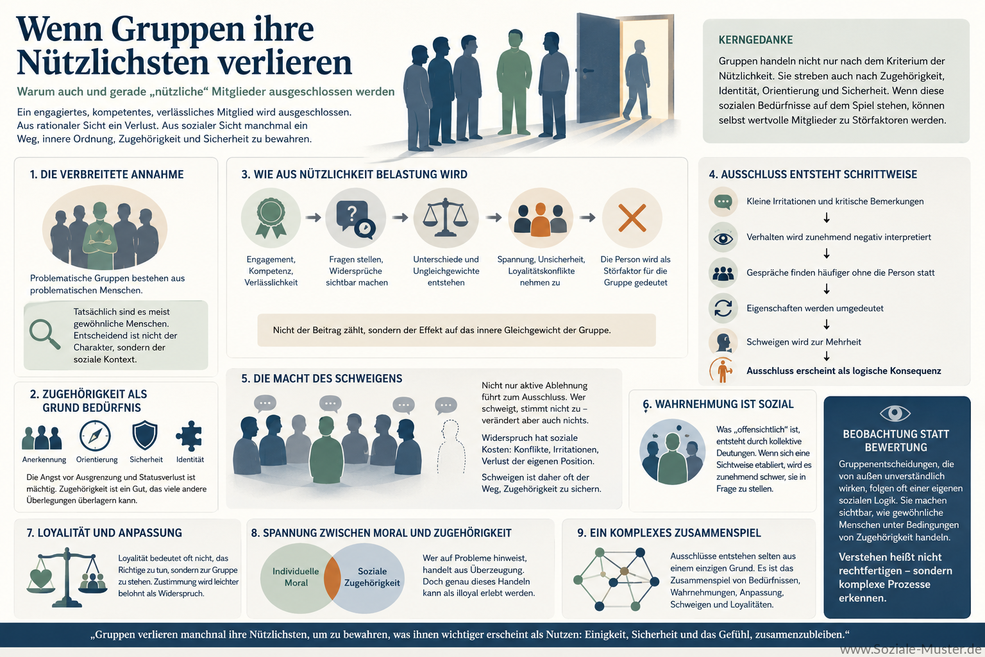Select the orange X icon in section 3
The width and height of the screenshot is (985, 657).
pos(632,218)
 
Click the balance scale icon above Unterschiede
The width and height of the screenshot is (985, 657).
pos(446,218)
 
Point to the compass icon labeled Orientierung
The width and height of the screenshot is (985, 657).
pos(95,436)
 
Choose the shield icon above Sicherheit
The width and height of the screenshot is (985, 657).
pos(145,435)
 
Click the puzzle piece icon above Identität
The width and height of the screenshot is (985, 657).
pos(189,436)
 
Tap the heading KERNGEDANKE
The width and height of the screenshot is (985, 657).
pos(755,40)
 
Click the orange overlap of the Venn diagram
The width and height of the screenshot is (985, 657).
pos(332,578)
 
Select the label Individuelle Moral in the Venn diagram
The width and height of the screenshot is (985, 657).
pos(296,577)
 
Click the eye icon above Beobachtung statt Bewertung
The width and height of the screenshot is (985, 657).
pos(895,413)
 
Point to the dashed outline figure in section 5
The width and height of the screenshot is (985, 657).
pos(451,447)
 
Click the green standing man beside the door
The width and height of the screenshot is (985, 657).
pos(514,82)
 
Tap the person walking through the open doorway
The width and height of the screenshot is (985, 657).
pos(637,79)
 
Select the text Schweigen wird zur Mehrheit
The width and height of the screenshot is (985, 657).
pos(804,342)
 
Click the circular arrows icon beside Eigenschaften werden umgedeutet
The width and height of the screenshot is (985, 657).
pos(723,308)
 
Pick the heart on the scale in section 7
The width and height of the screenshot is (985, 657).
pos(41,578)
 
